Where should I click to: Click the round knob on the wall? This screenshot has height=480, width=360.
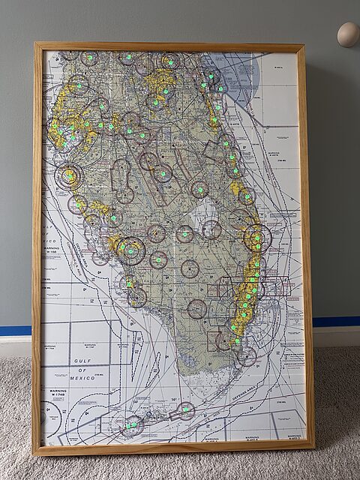[347, 34]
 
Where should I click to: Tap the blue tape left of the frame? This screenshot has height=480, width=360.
[16, 330]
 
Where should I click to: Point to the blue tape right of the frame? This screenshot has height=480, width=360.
[335, 321]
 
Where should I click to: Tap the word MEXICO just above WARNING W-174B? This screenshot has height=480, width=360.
[82, 379]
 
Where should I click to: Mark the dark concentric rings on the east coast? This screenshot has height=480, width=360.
[256, 238]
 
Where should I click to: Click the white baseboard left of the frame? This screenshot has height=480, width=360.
[16, 345]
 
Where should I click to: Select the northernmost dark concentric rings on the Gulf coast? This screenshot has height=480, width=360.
[67, 177]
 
